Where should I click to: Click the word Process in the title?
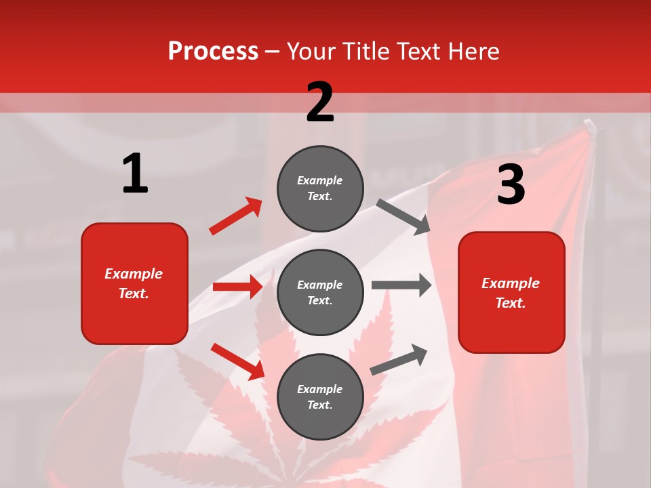tap(213, 51)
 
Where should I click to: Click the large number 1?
tap(135, 174)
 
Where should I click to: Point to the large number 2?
tap(320, 102)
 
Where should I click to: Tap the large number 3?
tap(511, 184)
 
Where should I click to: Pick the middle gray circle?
tap(320, 292)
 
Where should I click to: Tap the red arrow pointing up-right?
tap(236, 216)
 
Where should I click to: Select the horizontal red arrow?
tap(237, 287)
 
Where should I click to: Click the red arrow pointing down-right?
tap(237, 361)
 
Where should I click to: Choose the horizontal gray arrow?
tap(401, 285)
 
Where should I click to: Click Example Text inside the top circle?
tap(320, 188)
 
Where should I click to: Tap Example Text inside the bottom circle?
tap(320, 396)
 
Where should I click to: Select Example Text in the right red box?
tap(511, 293)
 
